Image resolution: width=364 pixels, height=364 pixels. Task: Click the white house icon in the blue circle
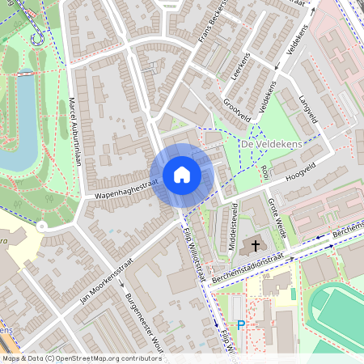182,175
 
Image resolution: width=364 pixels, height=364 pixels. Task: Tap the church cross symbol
256,245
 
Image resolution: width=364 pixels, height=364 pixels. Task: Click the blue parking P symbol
240,325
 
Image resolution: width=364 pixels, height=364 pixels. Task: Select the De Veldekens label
271,144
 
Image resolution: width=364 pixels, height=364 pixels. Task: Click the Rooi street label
265,172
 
